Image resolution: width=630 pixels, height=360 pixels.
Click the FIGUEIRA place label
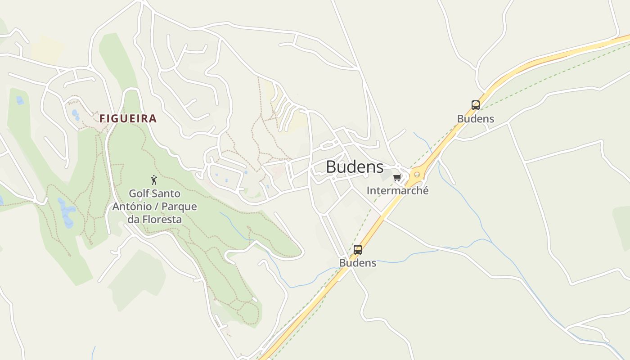[x=128, y=119]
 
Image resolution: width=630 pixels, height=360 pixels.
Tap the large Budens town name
[x=355, y=167]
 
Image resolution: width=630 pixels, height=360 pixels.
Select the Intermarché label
[x=397, y=190]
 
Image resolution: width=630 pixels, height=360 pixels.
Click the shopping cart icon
[x=397, y=178]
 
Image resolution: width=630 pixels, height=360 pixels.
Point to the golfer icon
[x=154, y=180]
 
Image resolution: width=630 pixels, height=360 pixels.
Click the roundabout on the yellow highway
[x=417, y=175]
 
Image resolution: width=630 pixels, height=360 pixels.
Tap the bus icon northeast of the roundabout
[x=476, y=105]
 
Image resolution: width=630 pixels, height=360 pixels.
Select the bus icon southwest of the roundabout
[x=358, y=249]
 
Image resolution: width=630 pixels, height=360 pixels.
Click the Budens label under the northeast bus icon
[x=476, y=119]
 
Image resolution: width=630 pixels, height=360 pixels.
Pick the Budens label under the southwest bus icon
[x=358, y=263]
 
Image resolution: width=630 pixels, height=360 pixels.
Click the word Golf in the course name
[x=139, y=194]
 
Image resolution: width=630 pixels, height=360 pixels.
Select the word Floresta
[x=161, y=220]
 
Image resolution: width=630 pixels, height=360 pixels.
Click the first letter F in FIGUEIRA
[x=102, y=119]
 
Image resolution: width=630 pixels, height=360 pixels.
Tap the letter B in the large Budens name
[x=331, y=167]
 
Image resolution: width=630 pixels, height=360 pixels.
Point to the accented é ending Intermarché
[x=425, y=190]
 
